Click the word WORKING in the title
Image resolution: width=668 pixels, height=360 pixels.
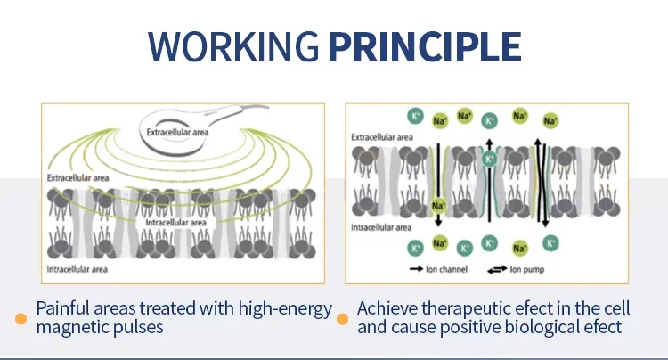click(234, 45)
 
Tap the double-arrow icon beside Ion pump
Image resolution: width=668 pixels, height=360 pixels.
click(494, 268)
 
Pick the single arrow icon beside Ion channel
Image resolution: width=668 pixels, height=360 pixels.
click(416, 268)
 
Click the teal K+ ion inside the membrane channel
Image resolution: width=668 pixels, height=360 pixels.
click(489, 160)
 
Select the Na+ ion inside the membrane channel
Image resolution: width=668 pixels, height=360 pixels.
click(438, 207)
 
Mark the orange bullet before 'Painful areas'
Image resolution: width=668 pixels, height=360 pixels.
click(20, 318)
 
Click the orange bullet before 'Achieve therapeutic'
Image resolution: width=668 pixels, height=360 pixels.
click(343, 318)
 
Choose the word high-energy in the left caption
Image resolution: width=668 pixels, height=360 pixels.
click(281, 308)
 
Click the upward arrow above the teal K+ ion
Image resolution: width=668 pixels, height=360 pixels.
click(489, 143)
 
